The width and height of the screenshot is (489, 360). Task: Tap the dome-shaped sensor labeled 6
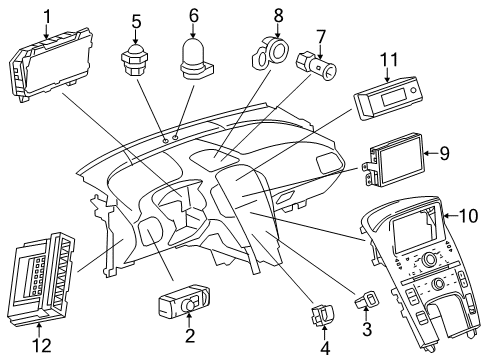tap(193, 55)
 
